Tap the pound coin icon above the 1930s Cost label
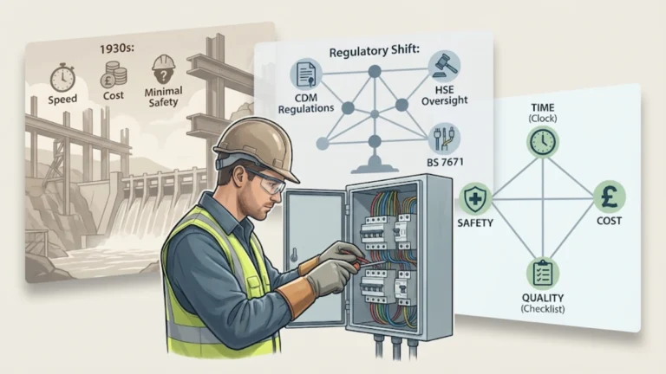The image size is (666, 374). pos(111,76)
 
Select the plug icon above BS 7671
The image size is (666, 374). pos(443,138)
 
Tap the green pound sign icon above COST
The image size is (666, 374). pos(608,197)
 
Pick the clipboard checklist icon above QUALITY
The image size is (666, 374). pos(543,274)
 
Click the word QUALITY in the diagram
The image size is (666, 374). pos(543,299)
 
